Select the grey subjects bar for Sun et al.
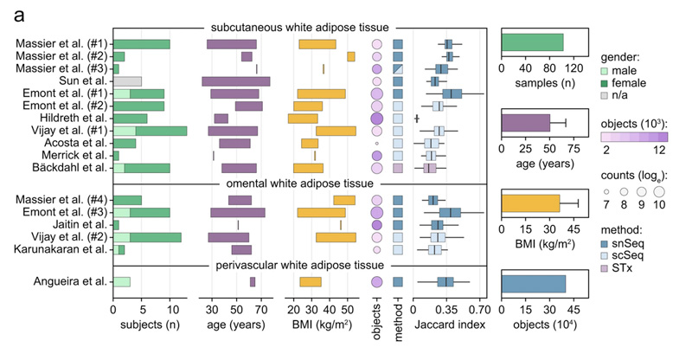coord(127,81)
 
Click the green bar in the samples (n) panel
coord(532,42)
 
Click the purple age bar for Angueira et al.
coord(253,281)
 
